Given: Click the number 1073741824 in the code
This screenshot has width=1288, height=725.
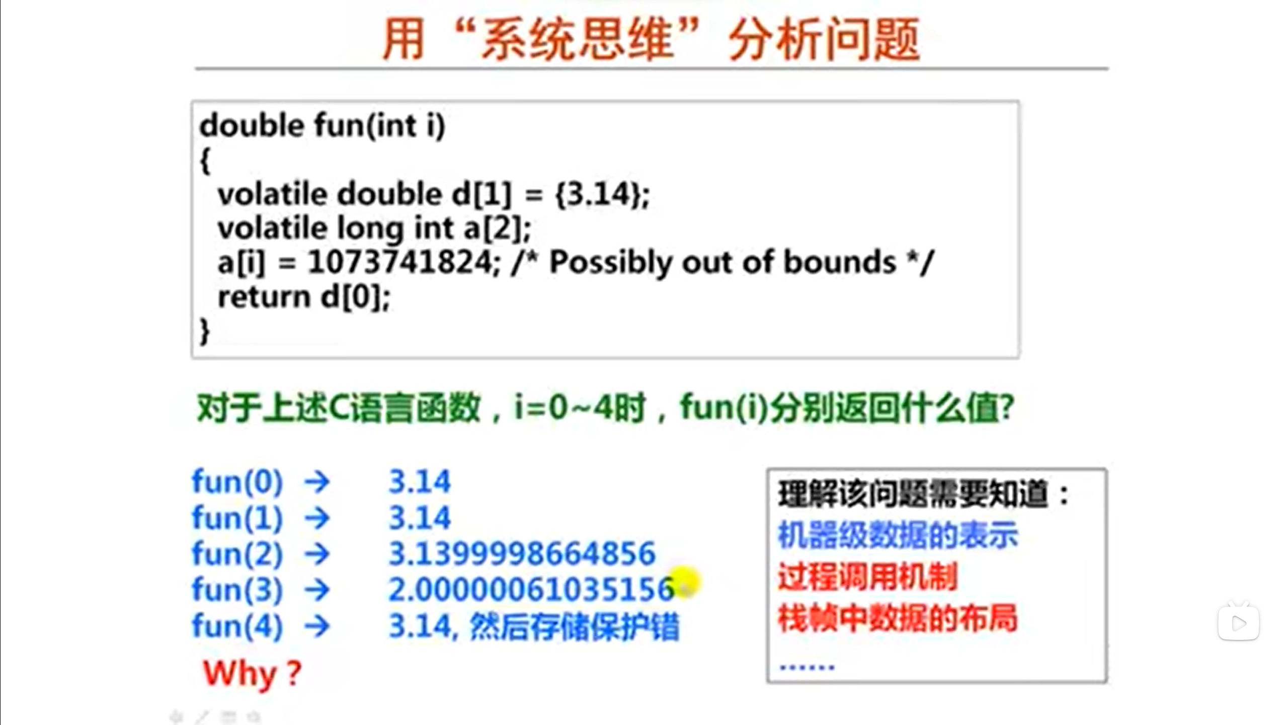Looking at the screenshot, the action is pos(400,262).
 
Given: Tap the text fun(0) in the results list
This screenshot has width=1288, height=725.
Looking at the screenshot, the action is pos(237,482).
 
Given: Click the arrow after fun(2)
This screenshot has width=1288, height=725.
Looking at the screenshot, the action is pos(317,554).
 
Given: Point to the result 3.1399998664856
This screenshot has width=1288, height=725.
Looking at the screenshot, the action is pos(522,554).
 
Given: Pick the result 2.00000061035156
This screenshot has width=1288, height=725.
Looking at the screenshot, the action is pos(531,590).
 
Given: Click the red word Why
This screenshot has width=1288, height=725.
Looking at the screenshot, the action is pos(240,673).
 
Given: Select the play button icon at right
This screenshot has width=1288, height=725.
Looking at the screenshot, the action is pos(1238,623).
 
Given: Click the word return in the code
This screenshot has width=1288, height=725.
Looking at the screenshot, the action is pos(264,297).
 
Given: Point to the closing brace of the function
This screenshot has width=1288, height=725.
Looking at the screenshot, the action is pos(204,331).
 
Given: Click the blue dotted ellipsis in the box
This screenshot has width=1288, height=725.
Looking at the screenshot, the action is pos(807,667).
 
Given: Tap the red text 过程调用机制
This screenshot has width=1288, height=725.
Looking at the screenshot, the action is pos(868,577).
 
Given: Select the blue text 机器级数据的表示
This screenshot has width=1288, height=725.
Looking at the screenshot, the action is pos(898,535).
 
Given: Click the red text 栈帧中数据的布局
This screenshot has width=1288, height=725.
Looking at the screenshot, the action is pos(898,618).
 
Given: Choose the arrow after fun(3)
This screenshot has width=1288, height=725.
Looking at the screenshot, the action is pos(317,590).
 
